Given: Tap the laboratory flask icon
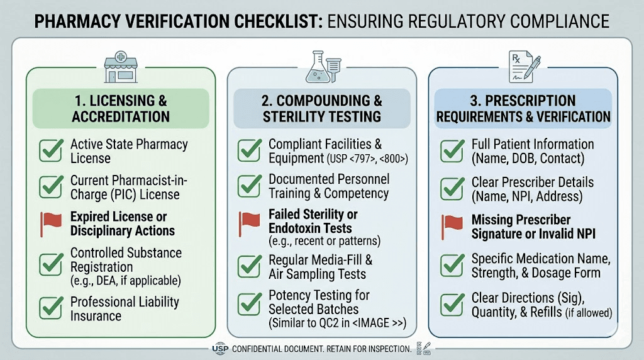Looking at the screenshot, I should [x=321, y=67].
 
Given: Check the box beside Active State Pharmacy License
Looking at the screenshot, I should [x=50, y=150].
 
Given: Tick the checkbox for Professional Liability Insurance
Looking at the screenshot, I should [x=50, y=308].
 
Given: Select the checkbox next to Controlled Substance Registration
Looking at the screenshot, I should [x=50, y=265].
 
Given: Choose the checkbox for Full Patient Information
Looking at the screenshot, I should [x=452, y=150].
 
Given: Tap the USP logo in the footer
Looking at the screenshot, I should [x=220, y=348].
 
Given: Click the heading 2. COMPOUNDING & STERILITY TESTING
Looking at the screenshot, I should [x=321, y=108].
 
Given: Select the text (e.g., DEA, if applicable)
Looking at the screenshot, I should [x=126, y=280].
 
